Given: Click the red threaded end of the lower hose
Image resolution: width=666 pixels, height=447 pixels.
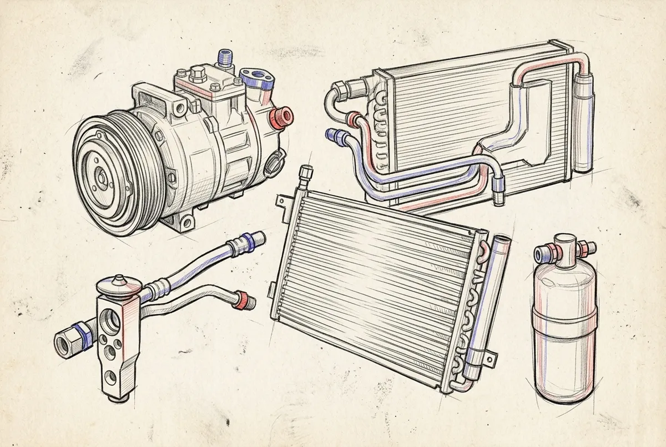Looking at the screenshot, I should point(243,300).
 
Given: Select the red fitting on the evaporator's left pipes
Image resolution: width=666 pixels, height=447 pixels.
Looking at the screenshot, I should point(351,118).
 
